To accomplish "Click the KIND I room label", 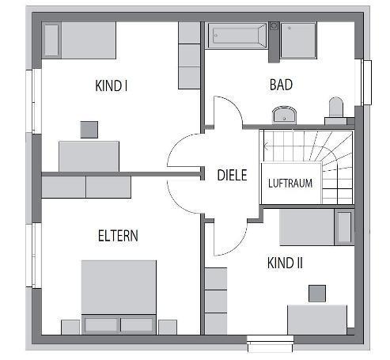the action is coord(112,85).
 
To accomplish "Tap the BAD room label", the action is coord(281,85).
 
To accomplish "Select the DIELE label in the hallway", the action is coord(232,175).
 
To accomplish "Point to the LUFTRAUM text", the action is coord(290,184).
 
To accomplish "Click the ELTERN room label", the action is coord(118,236).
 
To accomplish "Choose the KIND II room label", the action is coord(285,263).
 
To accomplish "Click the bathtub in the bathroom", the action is coord(237,36).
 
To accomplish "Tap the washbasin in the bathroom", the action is coord(284,115).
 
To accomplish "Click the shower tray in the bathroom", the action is coord(298,40).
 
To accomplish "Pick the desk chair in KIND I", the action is coord(89,130).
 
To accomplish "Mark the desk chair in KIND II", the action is coord(317,294).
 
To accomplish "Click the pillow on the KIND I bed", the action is coord(51,40).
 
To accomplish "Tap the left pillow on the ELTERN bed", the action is coord(101,324).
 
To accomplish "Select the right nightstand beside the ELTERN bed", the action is coord(168,328).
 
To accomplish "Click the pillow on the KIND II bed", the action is coord(344,227).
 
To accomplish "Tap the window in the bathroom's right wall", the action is coord(367,82).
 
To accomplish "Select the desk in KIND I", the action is coord(89,157).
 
